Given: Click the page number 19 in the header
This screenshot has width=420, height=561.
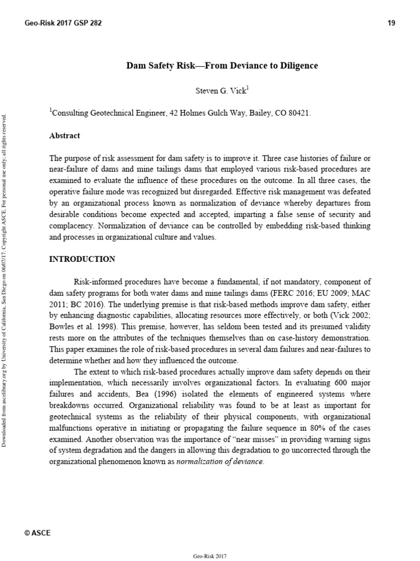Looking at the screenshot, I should (391, 23).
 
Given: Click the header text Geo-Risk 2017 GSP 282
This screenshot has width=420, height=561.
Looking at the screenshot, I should (63, 23).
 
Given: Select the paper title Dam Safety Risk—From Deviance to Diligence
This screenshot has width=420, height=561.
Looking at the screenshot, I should (222, 66).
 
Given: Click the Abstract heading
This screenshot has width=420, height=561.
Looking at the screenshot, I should (65, 135).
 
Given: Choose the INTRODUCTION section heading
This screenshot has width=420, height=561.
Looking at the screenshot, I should (82, 259).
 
